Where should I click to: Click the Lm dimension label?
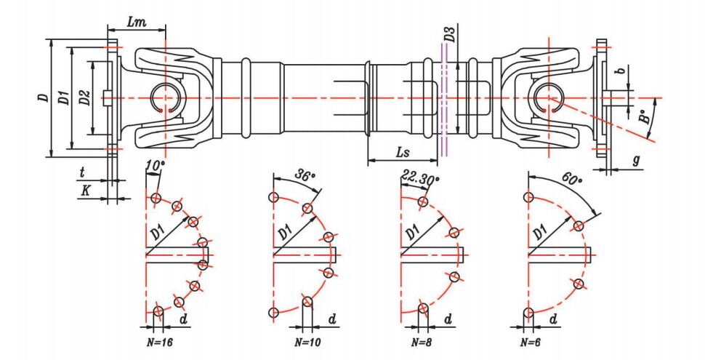point(135,22)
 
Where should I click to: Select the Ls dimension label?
point(406,153)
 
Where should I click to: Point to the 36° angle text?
point(306,176)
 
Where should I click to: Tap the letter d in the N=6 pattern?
point(553,319)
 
